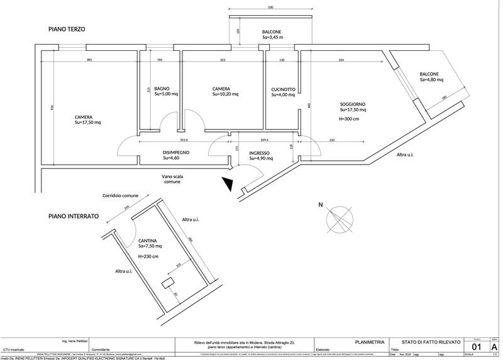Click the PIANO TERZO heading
(x=67, y=30)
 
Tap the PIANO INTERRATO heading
(x=74, y=216)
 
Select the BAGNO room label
(x=162, y=89)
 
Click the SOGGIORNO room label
(x=353, y=104)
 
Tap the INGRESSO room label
(x=260, y=153)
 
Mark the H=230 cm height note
(x=148, y=257)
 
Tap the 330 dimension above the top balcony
(x=270, y=8)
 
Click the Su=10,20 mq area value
(x=221, y=95)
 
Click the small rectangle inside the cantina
(x=168, y=284)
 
